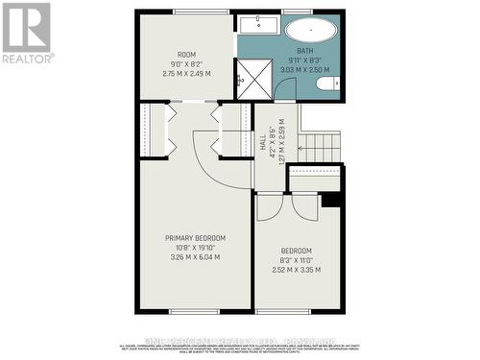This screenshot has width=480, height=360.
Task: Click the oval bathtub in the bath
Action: (310, 29)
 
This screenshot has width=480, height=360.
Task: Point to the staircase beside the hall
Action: (321, 147)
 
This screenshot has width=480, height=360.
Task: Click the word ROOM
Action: (186, 55)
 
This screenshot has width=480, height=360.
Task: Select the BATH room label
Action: (304, 51)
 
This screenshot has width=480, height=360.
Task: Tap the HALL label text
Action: (264, 144)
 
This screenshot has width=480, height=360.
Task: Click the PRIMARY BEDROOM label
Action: (196, 238)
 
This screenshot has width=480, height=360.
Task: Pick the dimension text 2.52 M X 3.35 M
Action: (297, 270)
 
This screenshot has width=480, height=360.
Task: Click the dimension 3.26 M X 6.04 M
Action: (196, 257)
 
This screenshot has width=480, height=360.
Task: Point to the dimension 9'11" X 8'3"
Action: (304, 60)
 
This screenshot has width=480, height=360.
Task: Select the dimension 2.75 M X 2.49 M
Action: (186, 74)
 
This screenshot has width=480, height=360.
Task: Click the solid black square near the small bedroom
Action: (332, 199)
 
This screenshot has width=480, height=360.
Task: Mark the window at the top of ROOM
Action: (186, 11)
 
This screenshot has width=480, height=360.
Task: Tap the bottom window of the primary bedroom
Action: (196, 311)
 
